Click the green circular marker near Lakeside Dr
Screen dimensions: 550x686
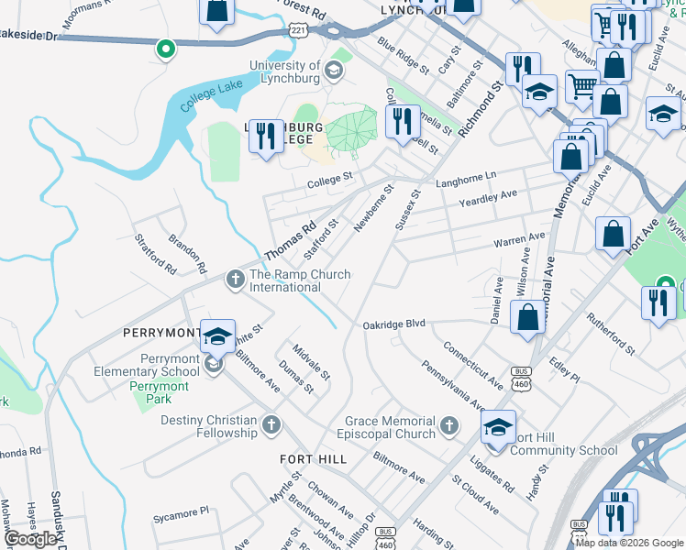pyautogui.click(x=165, y=49)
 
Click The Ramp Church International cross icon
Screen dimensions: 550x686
pyautogui.click(x=236, y=279)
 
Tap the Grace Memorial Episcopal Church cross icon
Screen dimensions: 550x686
pyautogui.click(x=448, y=425)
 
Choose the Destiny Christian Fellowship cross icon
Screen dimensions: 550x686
pyautogui.click(x=271, y=424)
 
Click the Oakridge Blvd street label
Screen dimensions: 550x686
pyautogui.click(x=394, y=324)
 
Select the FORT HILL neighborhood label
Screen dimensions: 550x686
pyautogui.click(x=315, y=458)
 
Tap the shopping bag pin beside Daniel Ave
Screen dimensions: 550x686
pyautogui.click(x=528, y=318)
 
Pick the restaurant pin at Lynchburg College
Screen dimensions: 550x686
pyautogui.click(x=266, y=136)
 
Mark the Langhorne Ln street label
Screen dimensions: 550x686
pyautogui.click(x=465, y=174)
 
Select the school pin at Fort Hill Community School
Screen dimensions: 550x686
pyautogui.click(x=498, y=427)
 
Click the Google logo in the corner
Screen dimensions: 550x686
pyautogui.click(x=30, y=539)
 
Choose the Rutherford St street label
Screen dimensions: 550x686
pyautogui.click(x=612, y=335)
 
